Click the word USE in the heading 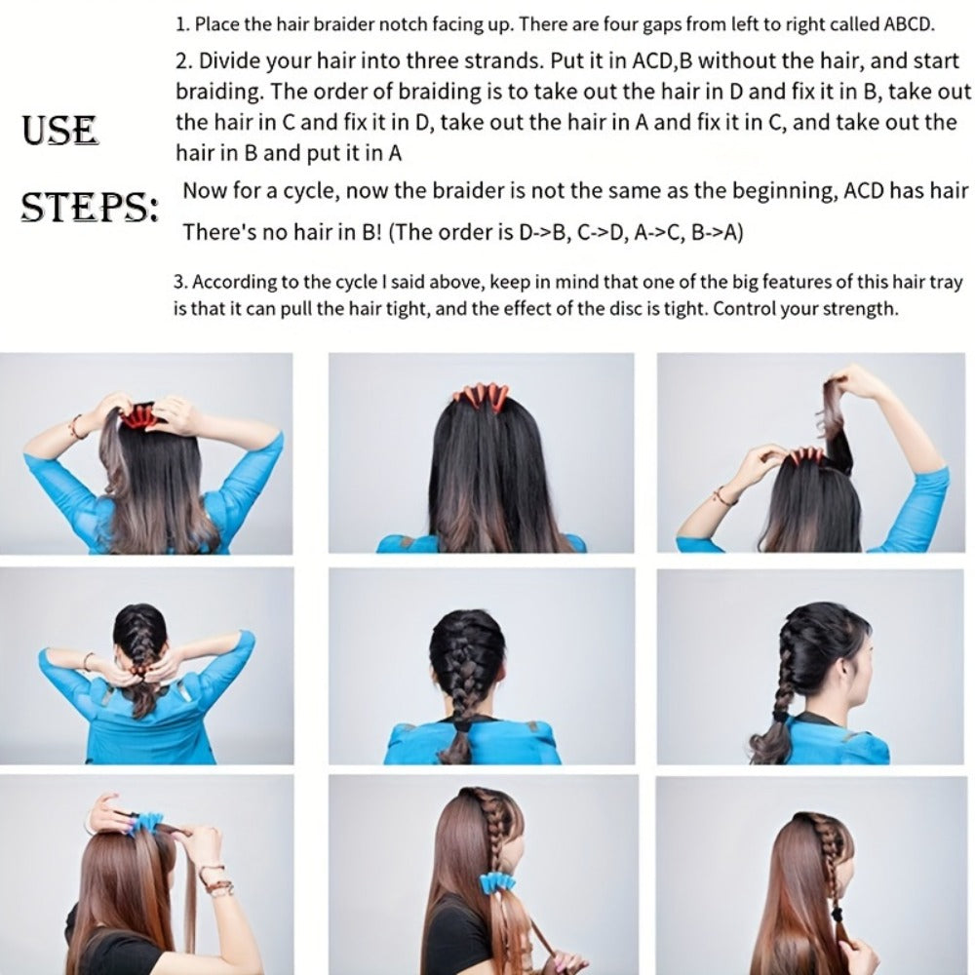pyautogui.click(x=59, y=131)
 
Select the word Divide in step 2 pyautogui.click(x=231, y=60)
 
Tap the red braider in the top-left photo pyautogui.click(x=140, y=416)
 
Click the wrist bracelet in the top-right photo pyautogui.click(x=723, y=495)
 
